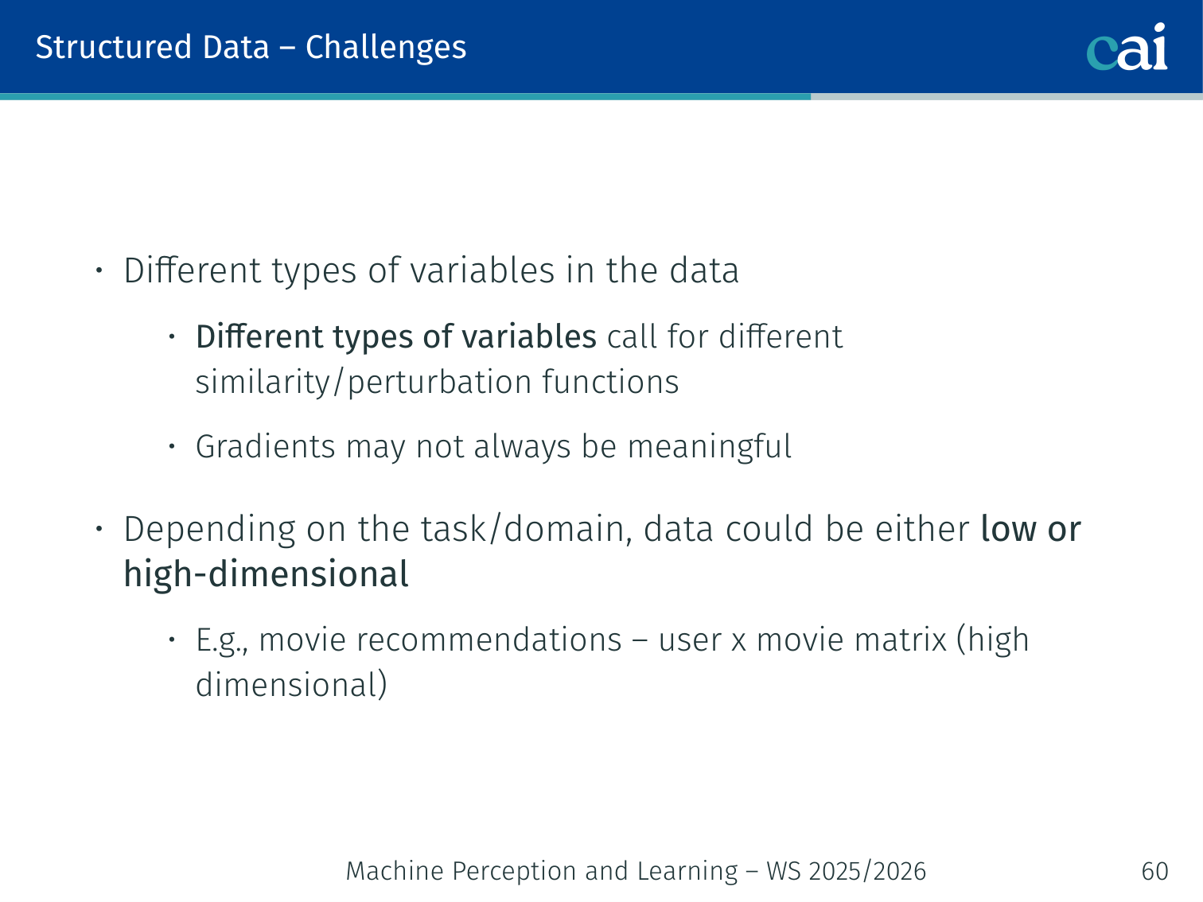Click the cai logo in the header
coord(1127,47)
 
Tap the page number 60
coord(1154,871)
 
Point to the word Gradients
coord(265,446)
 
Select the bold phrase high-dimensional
coord(267,574)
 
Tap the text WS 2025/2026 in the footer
coord(846,871)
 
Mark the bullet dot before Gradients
coord(172,447)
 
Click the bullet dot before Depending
coord(99,529)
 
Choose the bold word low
coord(1008,529)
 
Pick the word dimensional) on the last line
coord(291,685)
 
